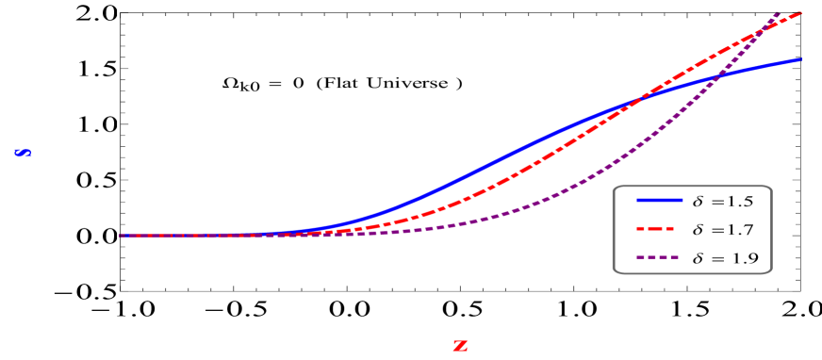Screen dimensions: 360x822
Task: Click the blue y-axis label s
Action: [x=23, y=152]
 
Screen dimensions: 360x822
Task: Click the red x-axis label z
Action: [x=460, y=346]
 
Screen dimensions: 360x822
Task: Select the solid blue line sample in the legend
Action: [x=659, y=201]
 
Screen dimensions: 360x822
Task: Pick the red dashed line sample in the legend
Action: [x=659, y=230]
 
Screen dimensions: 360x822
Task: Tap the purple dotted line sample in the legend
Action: [x=659, y=258]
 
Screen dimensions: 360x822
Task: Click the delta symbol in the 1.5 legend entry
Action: [x=698, y=201]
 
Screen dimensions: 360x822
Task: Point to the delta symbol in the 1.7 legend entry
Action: [x=698, y=230]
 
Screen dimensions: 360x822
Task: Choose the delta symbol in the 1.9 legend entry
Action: [x=698, y=258]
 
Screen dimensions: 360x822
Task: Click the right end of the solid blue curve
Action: [x=800, y=59]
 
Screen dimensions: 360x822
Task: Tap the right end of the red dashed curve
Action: [x=800, y=12]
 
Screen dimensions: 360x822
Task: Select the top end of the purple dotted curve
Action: [x=780, y=11]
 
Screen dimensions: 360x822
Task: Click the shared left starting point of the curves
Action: [x=121, y=236]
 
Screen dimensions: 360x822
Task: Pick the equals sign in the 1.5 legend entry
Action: [x=715, y=202]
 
